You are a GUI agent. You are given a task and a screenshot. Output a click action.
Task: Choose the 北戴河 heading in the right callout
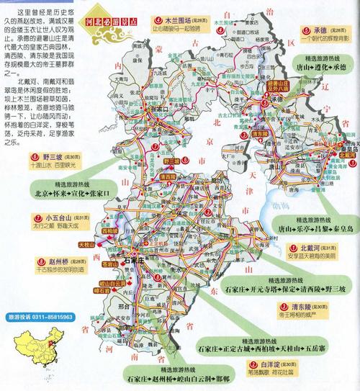(x=301, y=246)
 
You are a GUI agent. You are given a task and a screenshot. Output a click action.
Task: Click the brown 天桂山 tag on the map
(x=107, y=246)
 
